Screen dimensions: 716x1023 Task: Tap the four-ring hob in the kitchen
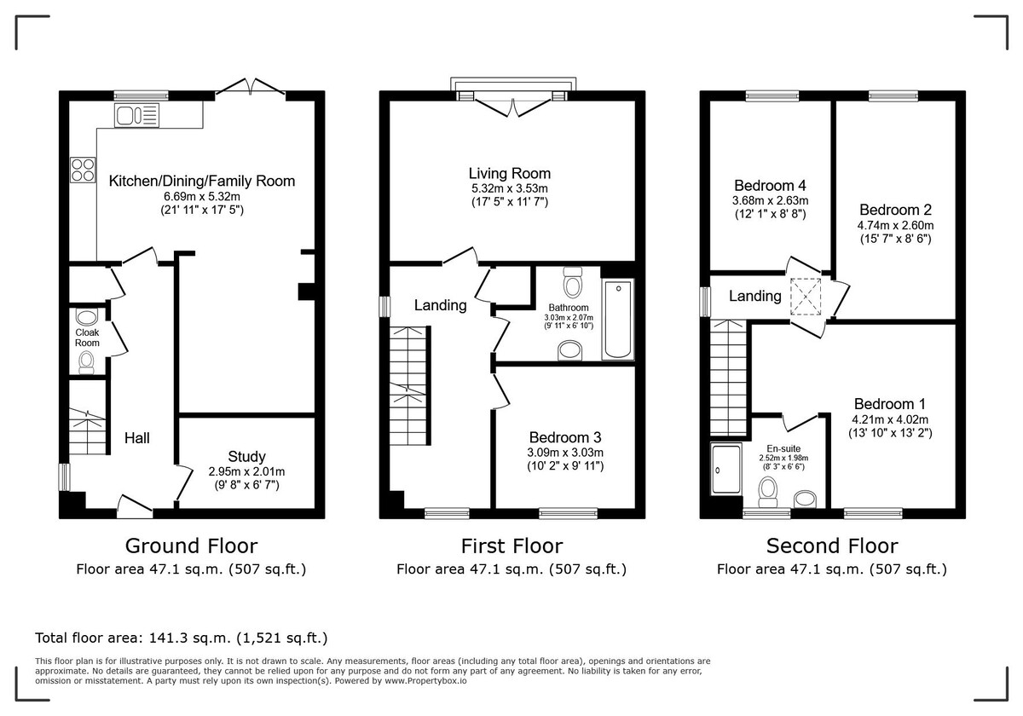83,170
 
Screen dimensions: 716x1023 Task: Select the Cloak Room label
87,338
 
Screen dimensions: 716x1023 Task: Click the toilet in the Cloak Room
86,364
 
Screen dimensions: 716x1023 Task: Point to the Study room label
246,457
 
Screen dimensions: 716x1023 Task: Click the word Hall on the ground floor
137,438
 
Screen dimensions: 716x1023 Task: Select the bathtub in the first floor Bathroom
617,320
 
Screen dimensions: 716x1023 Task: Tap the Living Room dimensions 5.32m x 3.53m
510,188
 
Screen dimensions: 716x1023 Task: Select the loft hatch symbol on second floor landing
806,296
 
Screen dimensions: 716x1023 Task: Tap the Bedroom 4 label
770,186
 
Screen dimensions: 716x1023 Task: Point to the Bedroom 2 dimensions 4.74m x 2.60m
895,225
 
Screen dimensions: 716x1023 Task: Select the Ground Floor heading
191,546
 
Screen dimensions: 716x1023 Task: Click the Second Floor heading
831,546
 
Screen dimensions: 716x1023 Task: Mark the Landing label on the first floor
440,305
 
